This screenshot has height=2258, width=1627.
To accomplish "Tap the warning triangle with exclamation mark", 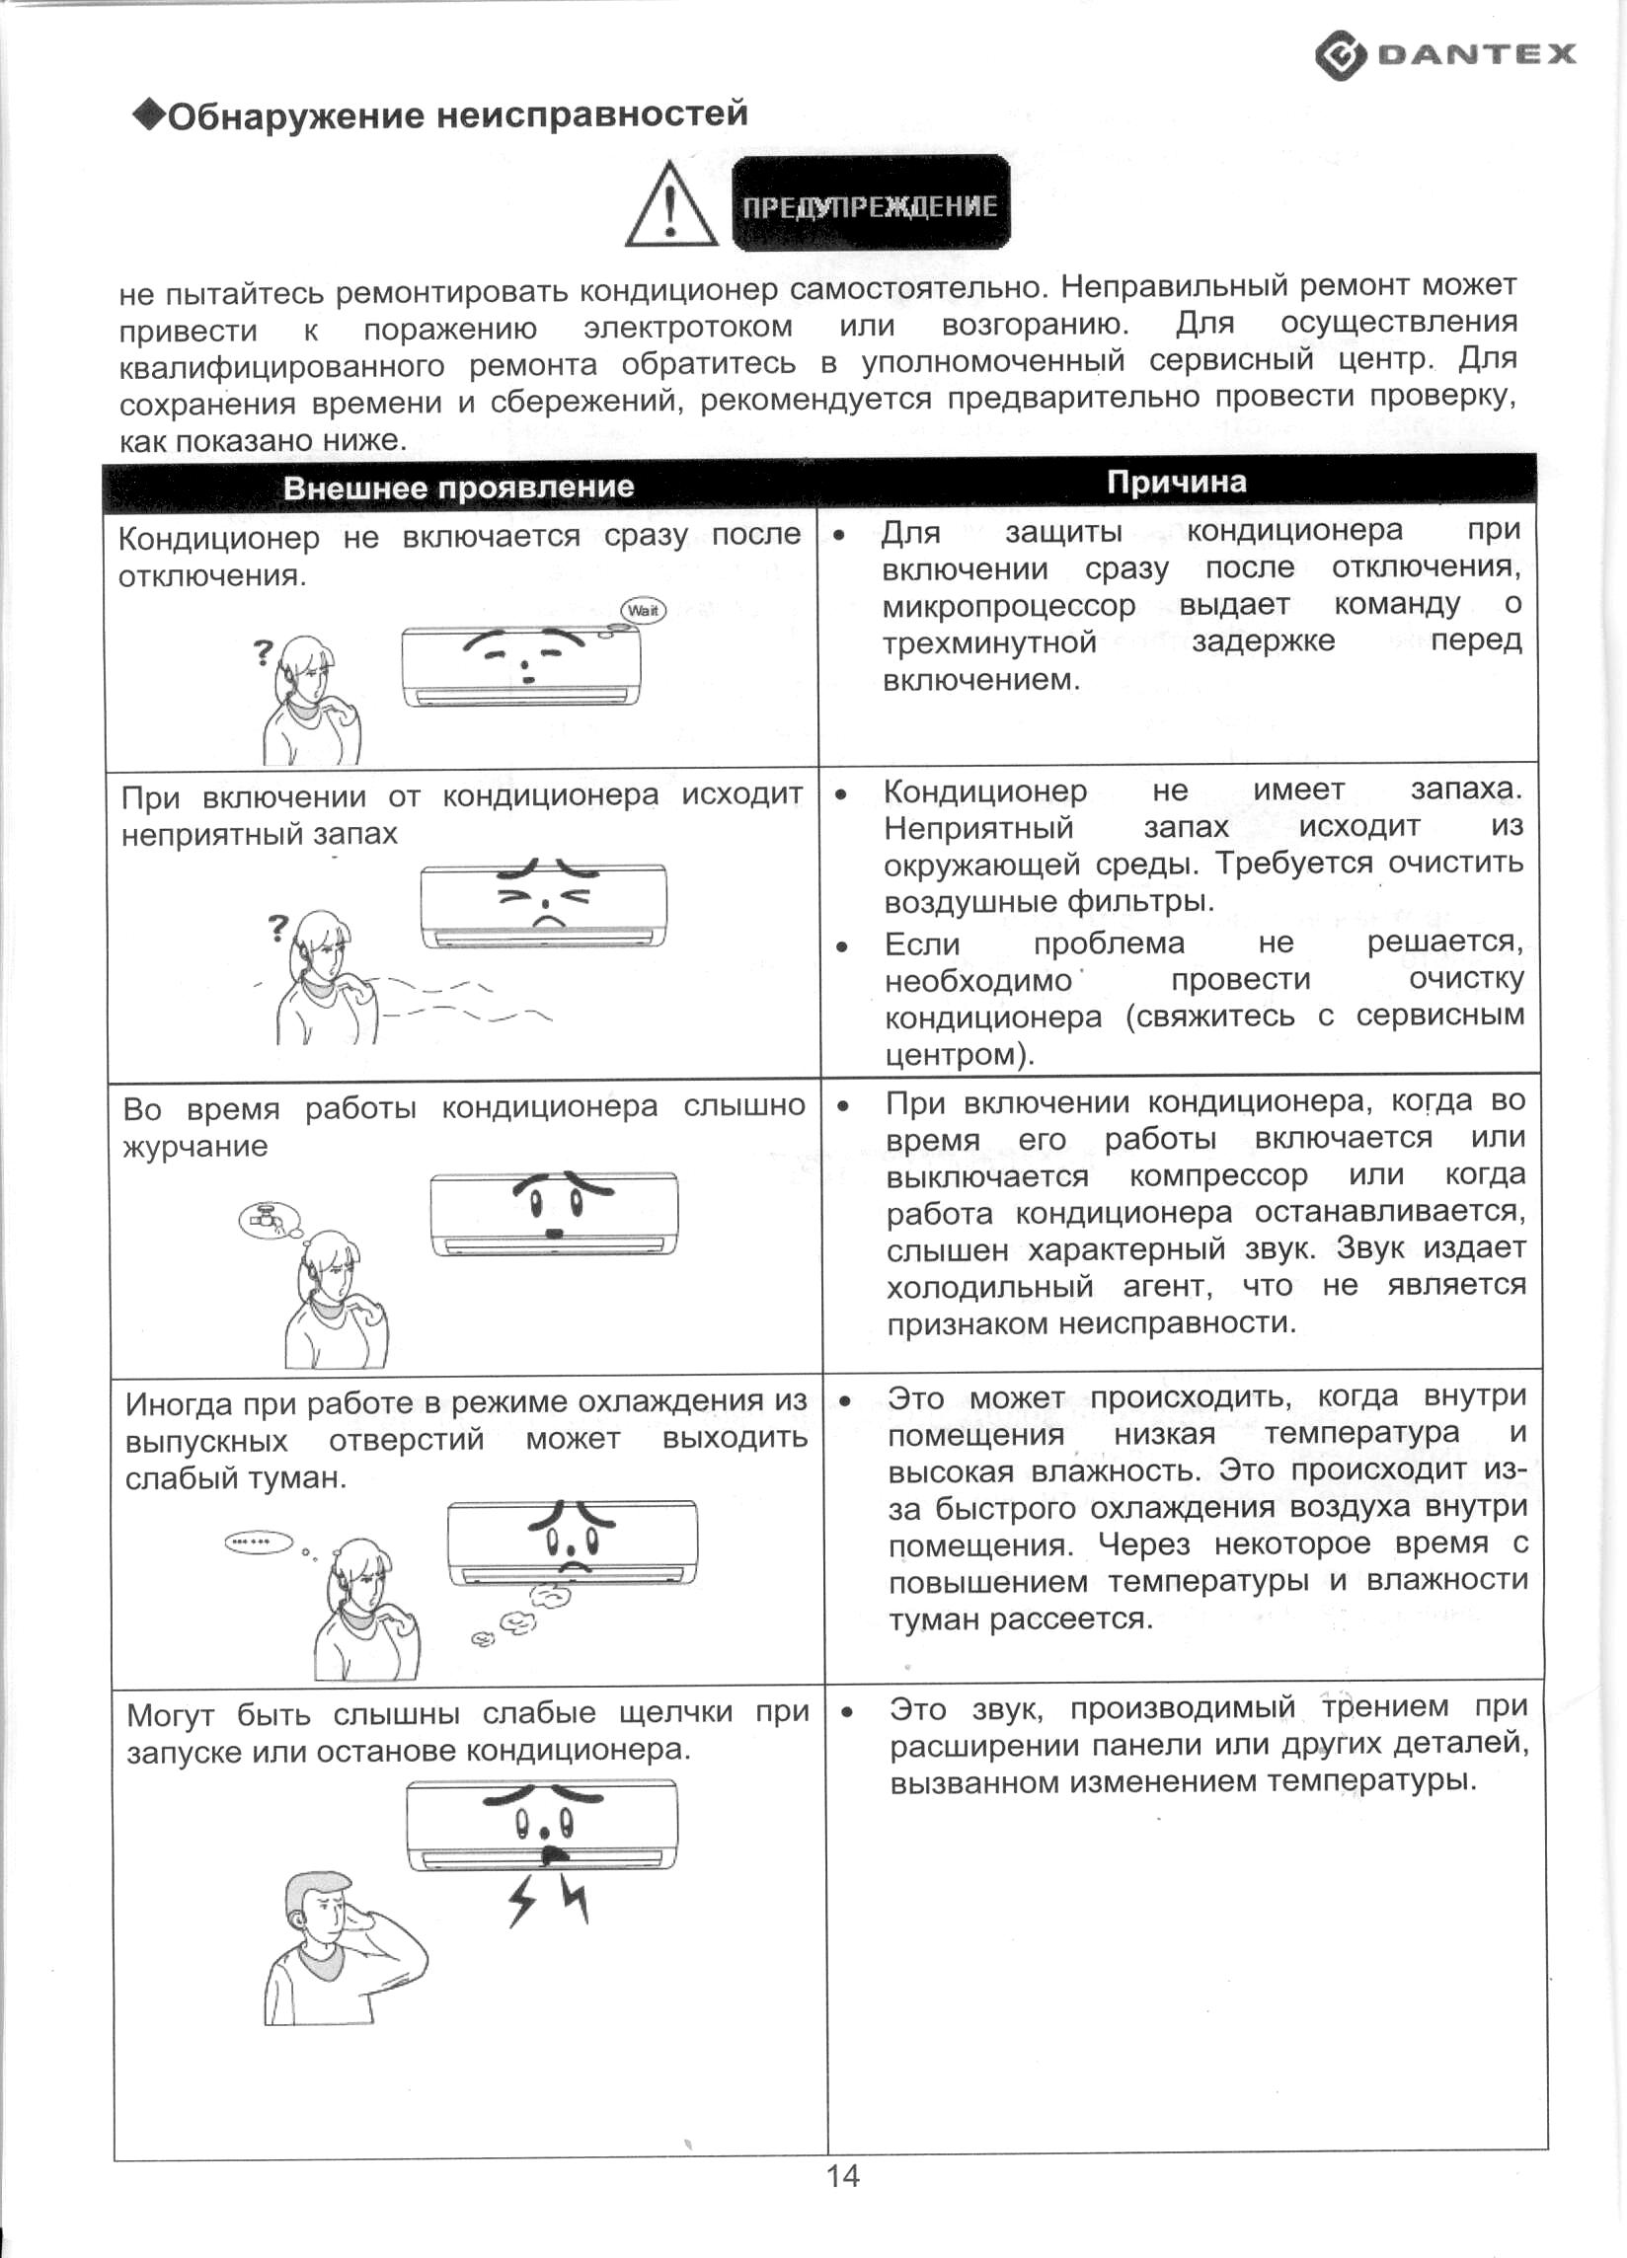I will pos(671,207).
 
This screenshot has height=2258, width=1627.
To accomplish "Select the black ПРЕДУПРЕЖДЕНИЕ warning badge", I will pos(870,204).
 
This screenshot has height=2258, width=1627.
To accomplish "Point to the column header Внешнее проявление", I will pos(458,487).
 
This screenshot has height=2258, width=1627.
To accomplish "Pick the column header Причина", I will pos(1176,482).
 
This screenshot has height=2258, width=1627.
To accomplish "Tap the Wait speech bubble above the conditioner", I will pos(644,610).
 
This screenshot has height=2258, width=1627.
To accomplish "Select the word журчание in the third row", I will pos(195,1146).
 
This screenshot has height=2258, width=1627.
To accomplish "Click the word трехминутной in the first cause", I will pos(989,642).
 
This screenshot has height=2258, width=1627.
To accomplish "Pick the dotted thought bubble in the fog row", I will pos(259,1543).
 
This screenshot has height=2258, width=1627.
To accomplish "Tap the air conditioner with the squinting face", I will pos(544,905).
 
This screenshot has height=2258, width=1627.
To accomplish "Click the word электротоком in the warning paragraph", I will pos(688,327).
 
